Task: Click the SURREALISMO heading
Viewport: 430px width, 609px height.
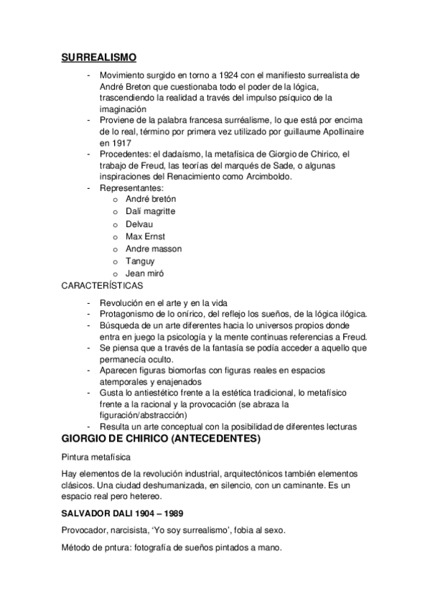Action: (x=98, y=58)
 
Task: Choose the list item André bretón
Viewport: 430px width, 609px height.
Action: (x=151, y=198)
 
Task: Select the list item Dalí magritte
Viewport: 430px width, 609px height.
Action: (x=150, y=211)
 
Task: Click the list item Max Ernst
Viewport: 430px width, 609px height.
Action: (x=145, y=236)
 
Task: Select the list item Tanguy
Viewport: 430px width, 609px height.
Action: (x=140, y=261)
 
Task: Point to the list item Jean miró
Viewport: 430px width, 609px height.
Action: (x=145, y=274)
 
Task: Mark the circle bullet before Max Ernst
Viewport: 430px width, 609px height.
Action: (x=115, y=237)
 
